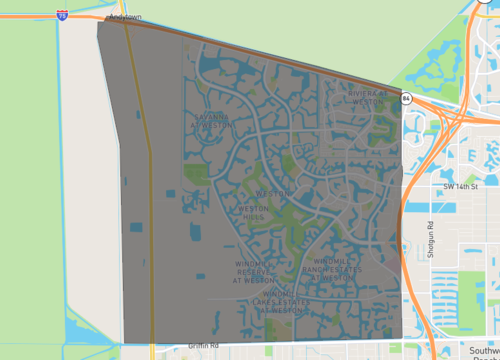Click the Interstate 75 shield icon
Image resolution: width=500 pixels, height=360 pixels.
63,16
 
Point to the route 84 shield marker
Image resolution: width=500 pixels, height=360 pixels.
406,98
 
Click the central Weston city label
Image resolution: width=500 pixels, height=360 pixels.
273,192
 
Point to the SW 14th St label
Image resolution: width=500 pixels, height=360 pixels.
462,186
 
